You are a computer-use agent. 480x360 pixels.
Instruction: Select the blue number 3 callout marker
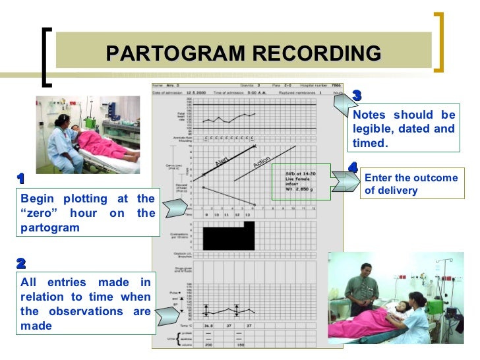coord(357,96)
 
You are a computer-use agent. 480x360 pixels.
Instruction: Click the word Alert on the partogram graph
coord(221,162)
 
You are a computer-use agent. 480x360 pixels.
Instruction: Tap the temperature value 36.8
coord(209,326)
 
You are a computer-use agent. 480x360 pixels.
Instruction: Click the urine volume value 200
coord(208,345)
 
